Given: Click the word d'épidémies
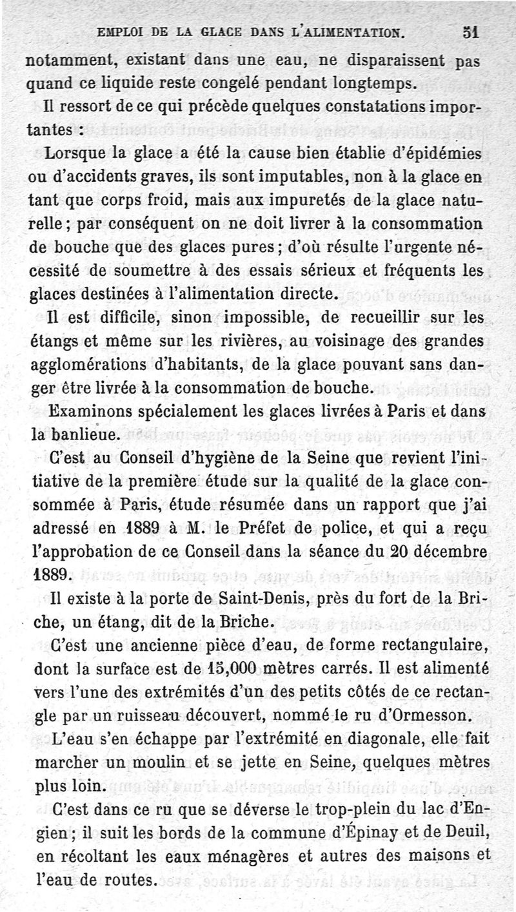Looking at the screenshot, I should point(431,155).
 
